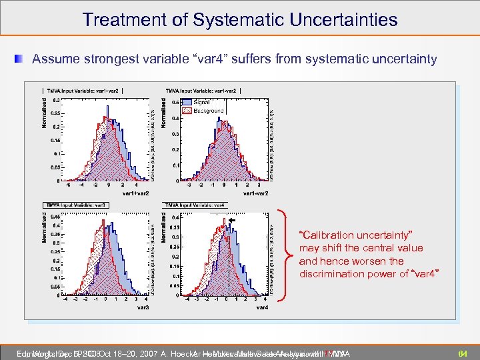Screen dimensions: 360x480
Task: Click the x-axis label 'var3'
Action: [143, 308]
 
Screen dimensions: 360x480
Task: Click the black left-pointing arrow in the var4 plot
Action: [232, 220]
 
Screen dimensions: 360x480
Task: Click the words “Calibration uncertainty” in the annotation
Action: [356, 235]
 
